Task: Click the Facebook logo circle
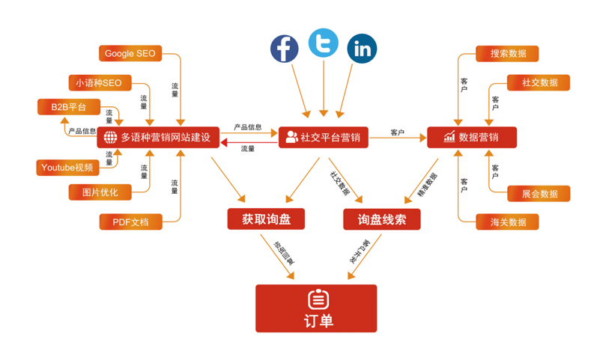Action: point(285,49)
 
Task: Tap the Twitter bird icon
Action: point(324,43)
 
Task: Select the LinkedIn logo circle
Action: point(363,49)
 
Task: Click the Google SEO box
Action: point(130,54)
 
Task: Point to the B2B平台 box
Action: point(69,108)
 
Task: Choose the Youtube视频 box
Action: point(67,168)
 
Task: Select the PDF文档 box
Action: point(130,222)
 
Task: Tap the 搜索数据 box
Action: point(508,54)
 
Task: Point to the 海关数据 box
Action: point(508,222)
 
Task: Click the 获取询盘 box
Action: point(266,219)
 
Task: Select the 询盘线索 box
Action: point(382,219)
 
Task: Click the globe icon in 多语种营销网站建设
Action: point(110,138)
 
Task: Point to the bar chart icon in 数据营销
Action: point(449,138)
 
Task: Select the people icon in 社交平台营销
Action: point(290,138)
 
